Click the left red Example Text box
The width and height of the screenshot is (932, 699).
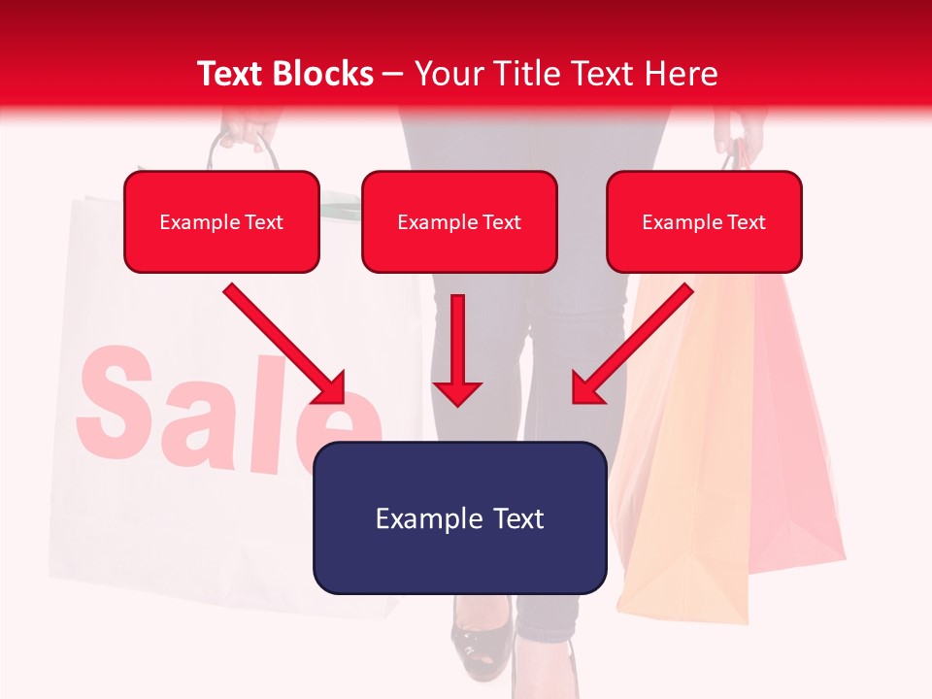221,222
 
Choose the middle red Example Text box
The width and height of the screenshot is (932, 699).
459,222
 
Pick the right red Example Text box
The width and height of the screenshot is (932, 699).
704,222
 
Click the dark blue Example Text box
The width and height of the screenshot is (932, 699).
459,518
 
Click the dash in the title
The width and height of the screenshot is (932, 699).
393,74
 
